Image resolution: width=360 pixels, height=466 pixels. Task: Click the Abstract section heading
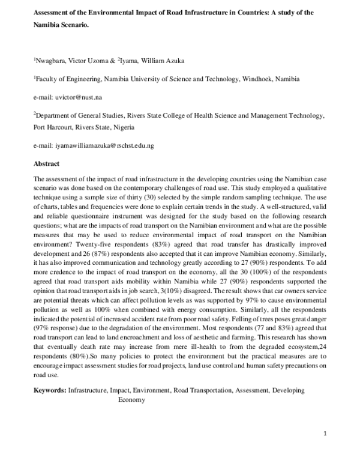coord(47,163)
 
